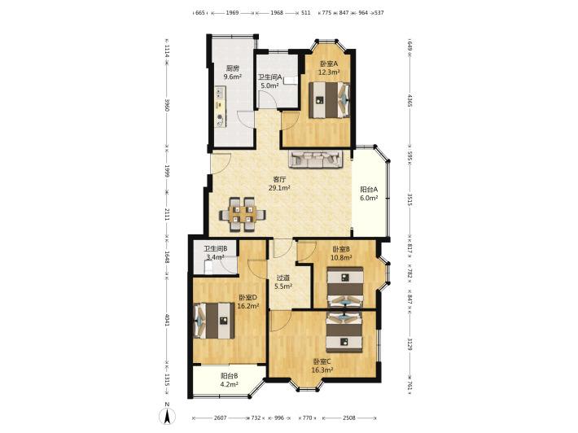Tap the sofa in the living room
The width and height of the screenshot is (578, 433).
[x=316, y=159]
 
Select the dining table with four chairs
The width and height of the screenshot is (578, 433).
[x=243, y=215]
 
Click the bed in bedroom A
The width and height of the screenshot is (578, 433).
[x=329, y=100]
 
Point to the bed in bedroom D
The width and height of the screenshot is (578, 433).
[x=214, y=321]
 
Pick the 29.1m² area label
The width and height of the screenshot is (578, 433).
[x=279, y=188]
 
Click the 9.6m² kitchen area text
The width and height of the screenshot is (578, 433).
[x=233, y=77]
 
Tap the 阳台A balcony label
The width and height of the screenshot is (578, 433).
[x=369, y=190]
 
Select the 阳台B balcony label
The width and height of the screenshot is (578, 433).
[x=229, y=375]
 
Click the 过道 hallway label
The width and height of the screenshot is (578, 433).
[x=283, y=278]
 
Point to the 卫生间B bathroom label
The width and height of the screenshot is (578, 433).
[x=216, y=249]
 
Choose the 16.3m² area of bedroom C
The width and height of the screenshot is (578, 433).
[x=322, y=370]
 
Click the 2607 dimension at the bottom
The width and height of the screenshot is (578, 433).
[x=220, y=418]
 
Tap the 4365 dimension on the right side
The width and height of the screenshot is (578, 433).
[x=410, y=100]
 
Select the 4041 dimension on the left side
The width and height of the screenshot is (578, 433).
[x=167, y=320]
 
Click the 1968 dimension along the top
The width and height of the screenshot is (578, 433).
[x=277, y=12]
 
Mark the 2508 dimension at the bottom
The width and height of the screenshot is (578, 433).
[x=349, y=418]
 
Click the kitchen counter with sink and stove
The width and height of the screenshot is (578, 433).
[x=220, y=107]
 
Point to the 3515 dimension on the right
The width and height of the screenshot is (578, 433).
[x=410, y=199]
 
